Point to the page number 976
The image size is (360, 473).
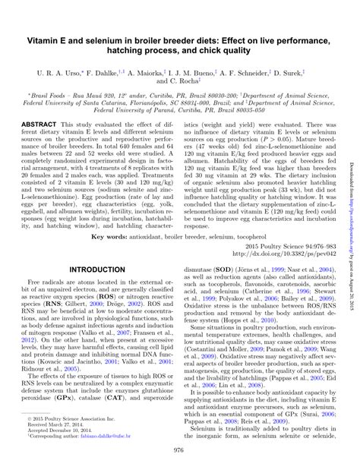point(179,451)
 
